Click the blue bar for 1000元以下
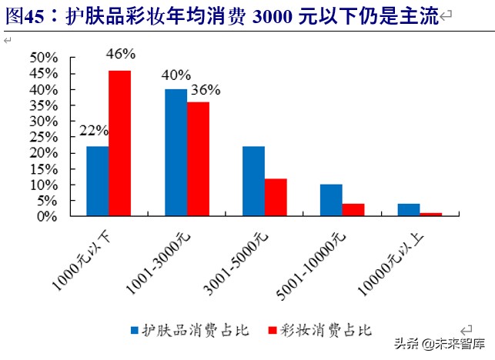click(97, 182)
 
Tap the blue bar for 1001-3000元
click(176, 153)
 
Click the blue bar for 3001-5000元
click(253, 182)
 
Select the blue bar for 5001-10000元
click(331, 201)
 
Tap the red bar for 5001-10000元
click(353, 210)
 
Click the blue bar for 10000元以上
click(410, 210)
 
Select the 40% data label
click(176, 75)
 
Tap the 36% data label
click(206, 89)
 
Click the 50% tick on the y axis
click(44, 58)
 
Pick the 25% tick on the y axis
click(44, 137)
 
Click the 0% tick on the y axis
click(48, 217)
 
